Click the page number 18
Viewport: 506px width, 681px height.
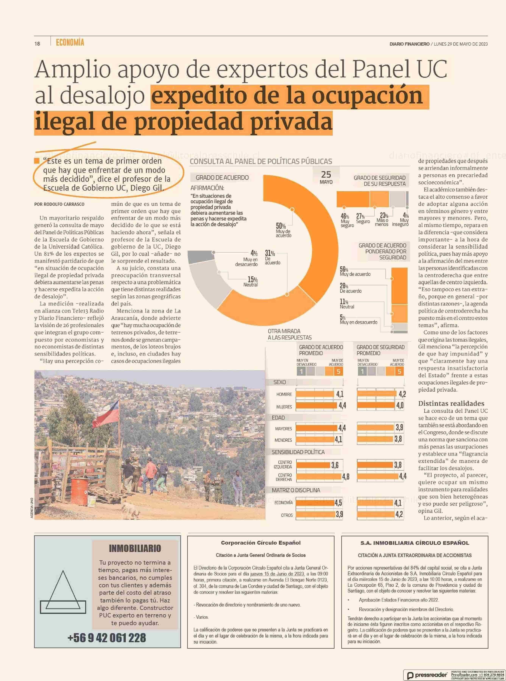tap(37, 44)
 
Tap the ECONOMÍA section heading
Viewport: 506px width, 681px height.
tap(70, 43)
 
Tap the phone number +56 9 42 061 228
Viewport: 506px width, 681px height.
tap(107, 638)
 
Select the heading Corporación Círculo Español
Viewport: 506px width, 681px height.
tap(261, 543)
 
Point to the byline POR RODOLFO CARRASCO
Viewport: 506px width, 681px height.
tap(59, 204)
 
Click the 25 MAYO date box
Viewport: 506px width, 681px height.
tap(326, 177)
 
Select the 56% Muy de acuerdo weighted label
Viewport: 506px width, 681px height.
tap(355, 271)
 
